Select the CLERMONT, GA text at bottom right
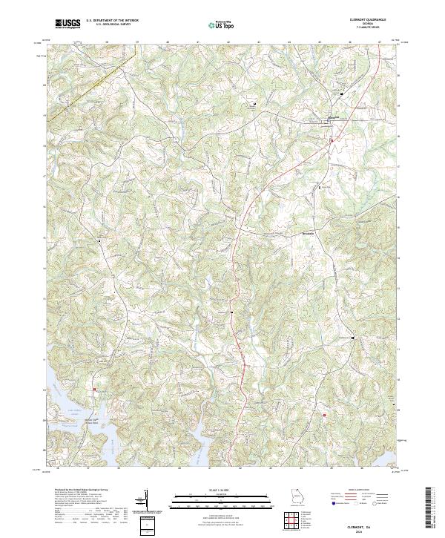372,525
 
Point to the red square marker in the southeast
324,415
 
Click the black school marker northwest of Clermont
256,104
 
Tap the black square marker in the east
353,338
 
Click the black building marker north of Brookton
320,188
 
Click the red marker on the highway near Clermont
331,139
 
